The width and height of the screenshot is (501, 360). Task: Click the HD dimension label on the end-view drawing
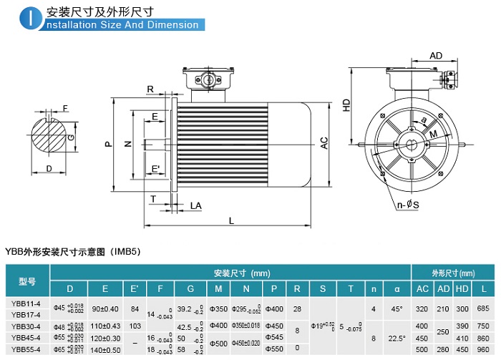point(346,104)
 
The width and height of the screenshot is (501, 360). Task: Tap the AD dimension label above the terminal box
point(436,56)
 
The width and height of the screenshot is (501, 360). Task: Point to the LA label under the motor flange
point(195,205)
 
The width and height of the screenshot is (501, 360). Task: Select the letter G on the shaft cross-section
point(70,137)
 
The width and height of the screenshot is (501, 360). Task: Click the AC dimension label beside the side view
point(324,142)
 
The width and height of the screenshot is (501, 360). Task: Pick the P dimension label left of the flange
point(108,144)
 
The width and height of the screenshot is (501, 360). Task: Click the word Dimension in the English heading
point(174,25)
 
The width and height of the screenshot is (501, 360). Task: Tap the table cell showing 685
point(483,308)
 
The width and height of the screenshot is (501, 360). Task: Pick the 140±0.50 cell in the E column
point(106,349)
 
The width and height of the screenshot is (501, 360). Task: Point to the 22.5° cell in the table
point(397,337)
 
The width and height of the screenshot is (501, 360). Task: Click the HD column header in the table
point(463,288)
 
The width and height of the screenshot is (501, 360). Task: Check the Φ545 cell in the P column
point(274,337)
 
